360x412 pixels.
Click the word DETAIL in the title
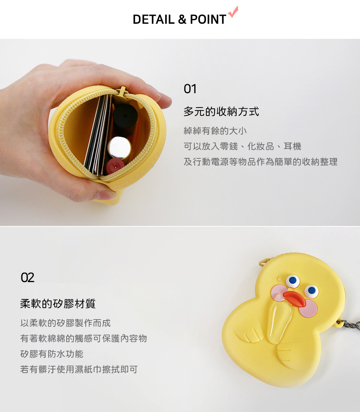tap(154, 19)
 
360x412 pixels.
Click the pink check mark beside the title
tap(233, 12)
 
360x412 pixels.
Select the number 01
tap(190, 89)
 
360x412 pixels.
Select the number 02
tap(27, 277)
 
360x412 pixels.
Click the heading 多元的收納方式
tap(221, 112)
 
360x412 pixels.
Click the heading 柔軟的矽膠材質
tap(58, 304)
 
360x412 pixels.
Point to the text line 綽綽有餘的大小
tap(215, 131)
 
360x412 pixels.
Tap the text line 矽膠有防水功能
tap(52, 354)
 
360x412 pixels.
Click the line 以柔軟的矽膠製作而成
tap(66, 323)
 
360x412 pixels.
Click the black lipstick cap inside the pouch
tap(125, 116)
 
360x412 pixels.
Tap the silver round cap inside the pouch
tap(119, 148)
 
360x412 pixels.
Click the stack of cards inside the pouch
tap(98, 135)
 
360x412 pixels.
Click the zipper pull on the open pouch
tap(122, 91)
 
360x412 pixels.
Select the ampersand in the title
tap(182, 19)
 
